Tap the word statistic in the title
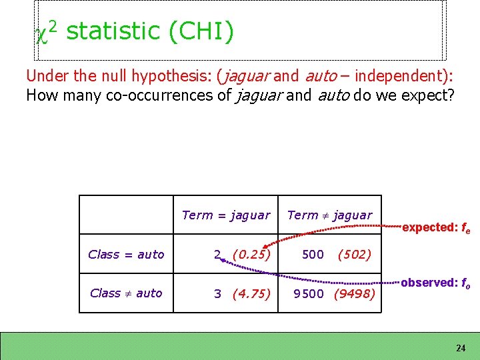pyautogui.click(x=113, y=31)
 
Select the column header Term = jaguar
pyautogui.click(x=226, y=215)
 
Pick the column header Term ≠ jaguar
pyautogui.click(x=329, y=215)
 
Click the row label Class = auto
pyautogui.click(x=126, y=254)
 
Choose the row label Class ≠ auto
pyautogui.click(x=125, y=293)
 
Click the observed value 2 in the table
pyautogui.click(x=217, y=254)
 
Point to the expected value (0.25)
pyautogui.click(x=251, y=254)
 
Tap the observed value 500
pyautogui.click(x=313, y=254)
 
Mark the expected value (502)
pyautogui.click(x=354, y=254)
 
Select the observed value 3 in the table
pyautogui.click(x=217, y=293)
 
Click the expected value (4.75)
pyautogui.click(x=251, y=293)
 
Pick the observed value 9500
pyautogui.click(x=309, y=293)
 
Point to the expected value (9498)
pyautogui.click(x=354, y=293)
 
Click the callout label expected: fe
pyautogui.click(x=436, y=227)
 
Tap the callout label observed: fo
pyautogui.click(x=436, y=283)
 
